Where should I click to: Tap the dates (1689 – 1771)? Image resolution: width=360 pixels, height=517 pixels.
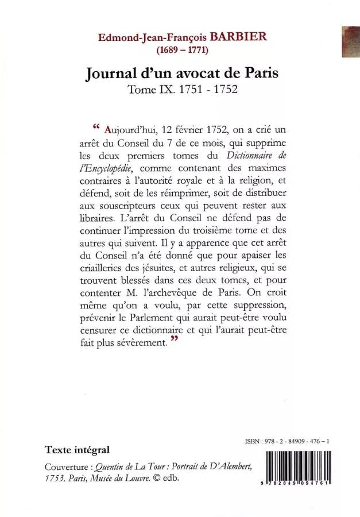180,49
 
